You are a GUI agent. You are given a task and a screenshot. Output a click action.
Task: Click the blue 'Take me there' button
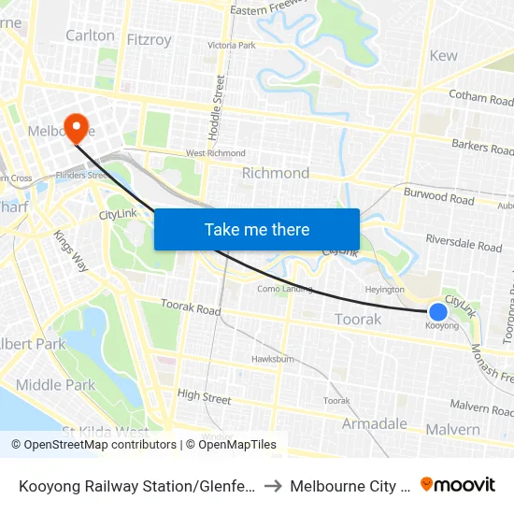(257, 229)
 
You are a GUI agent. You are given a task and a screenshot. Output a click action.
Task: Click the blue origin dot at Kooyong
(437, 311)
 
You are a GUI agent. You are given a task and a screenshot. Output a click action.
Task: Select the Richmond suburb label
(276, 173)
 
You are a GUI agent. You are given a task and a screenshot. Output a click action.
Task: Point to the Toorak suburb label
(358, 320)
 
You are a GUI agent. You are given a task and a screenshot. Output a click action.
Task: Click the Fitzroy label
(149, 40)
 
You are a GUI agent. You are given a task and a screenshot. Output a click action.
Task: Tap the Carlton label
(90, 36)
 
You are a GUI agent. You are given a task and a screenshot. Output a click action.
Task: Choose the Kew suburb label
(443, 55)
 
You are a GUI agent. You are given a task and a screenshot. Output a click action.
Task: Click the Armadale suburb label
(374, 424)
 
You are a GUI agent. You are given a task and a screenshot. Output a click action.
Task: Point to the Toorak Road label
(190, 307)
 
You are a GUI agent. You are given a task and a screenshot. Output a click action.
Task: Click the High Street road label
(204, 397)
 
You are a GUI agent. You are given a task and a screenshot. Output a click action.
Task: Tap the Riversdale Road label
(464, 243)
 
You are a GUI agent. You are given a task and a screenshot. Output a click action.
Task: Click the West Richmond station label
(215, 153)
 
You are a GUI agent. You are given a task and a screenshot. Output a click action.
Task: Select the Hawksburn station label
(273, 359)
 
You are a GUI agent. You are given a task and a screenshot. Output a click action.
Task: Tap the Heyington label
(384, 290)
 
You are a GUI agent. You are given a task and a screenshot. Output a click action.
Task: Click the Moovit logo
(457, 485)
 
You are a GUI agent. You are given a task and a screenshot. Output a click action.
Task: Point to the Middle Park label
(55, 385)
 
